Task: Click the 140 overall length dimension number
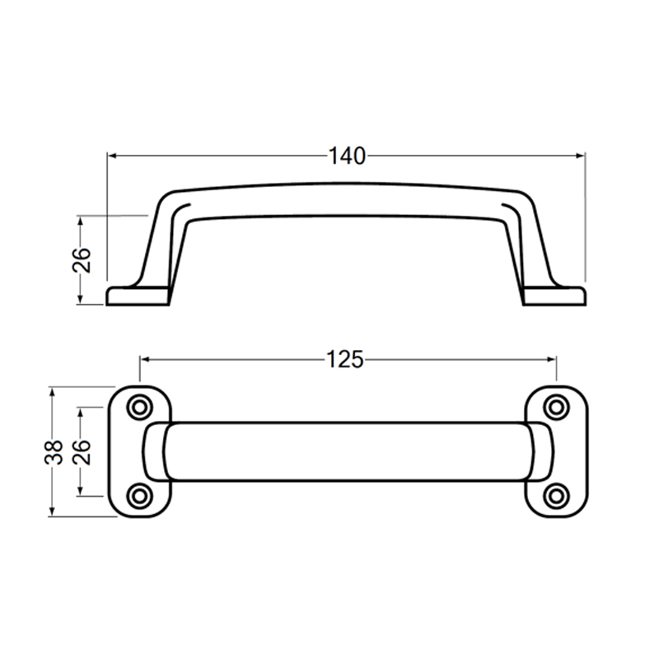[346, 155]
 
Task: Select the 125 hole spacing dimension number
[346, 360]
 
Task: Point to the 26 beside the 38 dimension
[81, 452]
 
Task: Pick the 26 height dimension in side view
[81, 260]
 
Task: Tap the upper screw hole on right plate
[558, 407]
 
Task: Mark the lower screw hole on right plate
[558, 495]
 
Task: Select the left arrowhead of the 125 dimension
[145, 360]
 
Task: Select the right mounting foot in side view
[555, 296]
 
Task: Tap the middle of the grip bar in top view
[346, 451]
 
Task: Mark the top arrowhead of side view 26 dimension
[81, 222]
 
